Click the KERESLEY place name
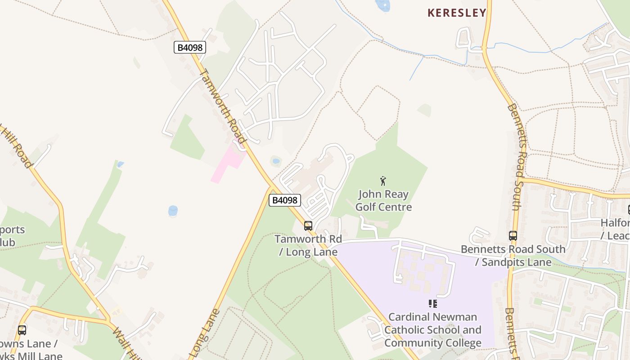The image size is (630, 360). [457, 13]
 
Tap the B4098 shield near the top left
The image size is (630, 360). [189, 47]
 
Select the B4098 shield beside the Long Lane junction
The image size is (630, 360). [284, 200]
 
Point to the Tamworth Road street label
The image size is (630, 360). [223, 106]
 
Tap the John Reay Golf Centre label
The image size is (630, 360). [383, 201]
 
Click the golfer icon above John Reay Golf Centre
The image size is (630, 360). [383, 181]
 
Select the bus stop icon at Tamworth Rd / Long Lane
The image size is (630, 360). [308, 226]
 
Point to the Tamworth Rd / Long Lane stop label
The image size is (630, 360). [308, 245]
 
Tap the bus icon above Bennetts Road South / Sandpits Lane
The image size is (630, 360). [513, 235]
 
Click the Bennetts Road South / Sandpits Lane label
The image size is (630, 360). [513, 256]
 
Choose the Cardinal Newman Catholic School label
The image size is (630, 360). [432, 330]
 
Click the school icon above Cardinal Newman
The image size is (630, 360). [432, 304]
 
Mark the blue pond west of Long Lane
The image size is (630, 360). [173, 210]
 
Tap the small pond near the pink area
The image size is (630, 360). [276, 161]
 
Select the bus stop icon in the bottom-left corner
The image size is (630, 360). [22, 330]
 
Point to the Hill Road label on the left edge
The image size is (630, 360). [16, 146]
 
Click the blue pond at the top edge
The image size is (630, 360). [383, 5]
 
